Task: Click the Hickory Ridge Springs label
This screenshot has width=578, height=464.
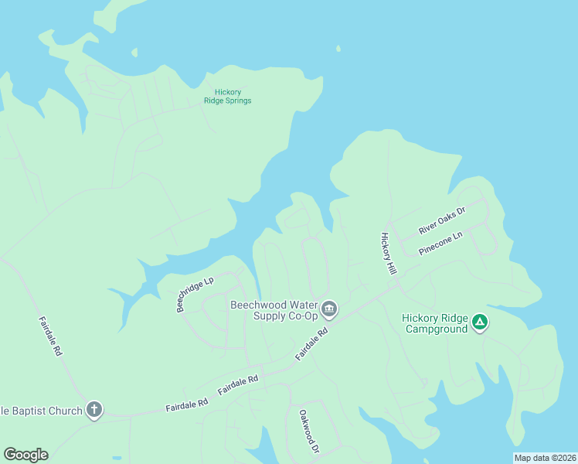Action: pos(227,97)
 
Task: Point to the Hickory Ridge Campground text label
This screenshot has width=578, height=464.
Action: pos(435,323)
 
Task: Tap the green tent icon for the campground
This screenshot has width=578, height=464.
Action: pos(480,322)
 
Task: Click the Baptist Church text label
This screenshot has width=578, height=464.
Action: pos(42,411)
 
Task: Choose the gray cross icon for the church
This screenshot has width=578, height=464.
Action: pos(93,410)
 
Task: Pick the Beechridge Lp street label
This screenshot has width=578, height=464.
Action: pos(195,295)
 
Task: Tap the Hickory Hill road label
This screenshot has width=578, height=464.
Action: pos(388,253)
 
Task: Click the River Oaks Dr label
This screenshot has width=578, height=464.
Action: pos(442,220)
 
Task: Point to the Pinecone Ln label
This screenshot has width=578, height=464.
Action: pos(440,243)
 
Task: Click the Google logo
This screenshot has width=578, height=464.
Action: pos(25,455)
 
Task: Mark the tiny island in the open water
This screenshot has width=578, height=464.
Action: pos(338,49)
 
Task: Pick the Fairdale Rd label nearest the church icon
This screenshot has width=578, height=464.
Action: pos(187,404)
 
